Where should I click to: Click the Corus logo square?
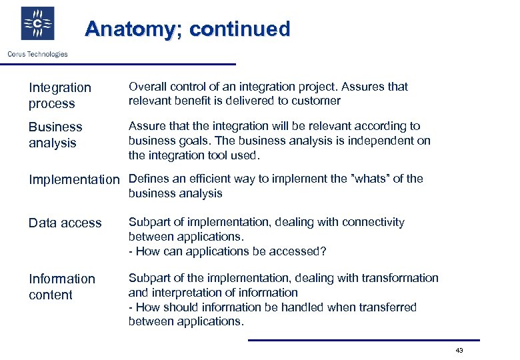click(x=38, y=25)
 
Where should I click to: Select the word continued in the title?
click(x=240, y=29)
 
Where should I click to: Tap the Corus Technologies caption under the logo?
click(x=38, y=54)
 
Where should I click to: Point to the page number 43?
click(x=459, y=351)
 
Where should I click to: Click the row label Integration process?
click(x=59, y=95)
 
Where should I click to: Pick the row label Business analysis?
click(x=55, y=135)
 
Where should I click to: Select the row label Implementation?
click(x=73, y=179)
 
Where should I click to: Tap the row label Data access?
click(x=65, y=223)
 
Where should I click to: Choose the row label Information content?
click(x=61, y=287)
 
